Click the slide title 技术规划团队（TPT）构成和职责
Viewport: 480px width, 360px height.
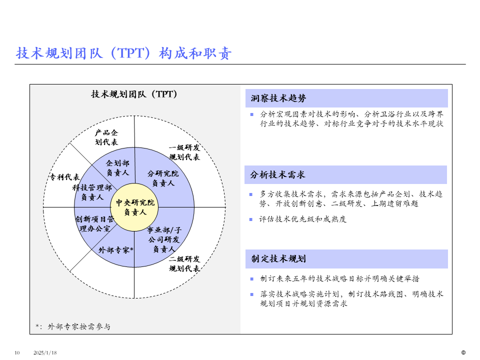coord(124,53)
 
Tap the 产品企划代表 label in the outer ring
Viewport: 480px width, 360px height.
coord(106,137)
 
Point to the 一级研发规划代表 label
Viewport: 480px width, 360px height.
coord(184,152)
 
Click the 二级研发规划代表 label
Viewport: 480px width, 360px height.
coord(184,263)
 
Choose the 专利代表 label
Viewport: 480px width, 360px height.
coord(64,177)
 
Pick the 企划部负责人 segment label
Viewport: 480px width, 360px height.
coord(117,168)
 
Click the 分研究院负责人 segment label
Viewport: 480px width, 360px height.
coord(163,178)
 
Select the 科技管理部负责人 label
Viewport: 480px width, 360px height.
coord(92,192)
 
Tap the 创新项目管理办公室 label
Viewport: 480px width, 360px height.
coord(95,223)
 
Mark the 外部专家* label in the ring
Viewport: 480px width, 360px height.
coord(116,249)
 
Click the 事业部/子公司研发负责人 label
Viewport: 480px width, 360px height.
coord(163,239)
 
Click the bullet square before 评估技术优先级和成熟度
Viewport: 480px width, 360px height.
coord(251,219)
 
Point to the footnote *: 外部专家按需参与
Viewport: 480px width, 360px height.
coord(73,326)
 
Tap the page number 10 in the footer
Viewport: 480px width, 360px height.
coord(17,353)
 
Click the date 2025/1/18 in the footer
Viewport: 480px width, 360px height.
coord(45,353)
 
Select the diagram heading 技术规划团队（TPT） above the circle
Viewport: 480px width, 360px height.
coord(134,94)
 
